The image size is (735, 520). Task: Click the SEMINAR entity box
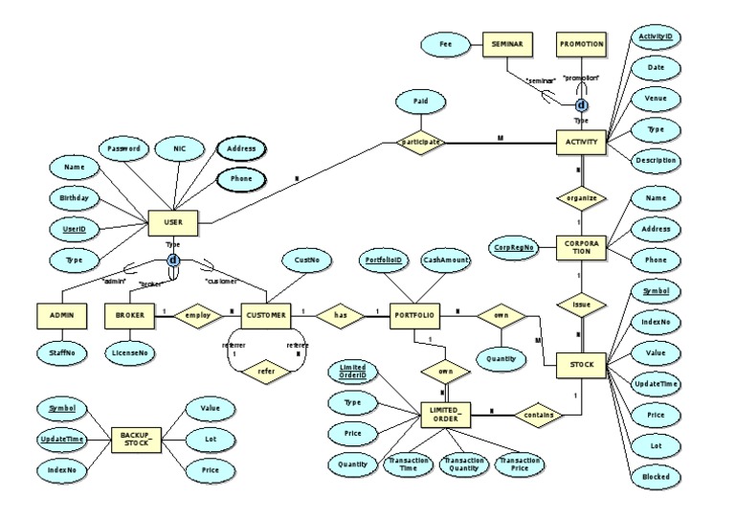[x=506, y=44]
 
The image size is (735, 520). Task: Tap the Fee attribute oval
[x=445, y=44]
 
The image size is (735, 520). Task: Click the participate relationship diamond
[x=423, y=142]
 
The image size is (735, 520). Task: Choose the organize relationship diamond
[x=581, y=198]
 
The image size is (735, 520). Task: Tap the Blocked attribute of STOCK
[x=656, y=475]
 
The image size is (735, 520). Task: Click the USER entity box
[x=173, y=224]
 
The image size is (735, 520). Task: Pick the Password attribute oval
[x=123, y=148]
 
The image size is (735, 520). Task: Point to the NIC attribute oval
[x=179, y=148]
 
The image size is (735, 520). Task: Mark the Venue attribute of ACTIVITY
[x=656, y=98]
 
